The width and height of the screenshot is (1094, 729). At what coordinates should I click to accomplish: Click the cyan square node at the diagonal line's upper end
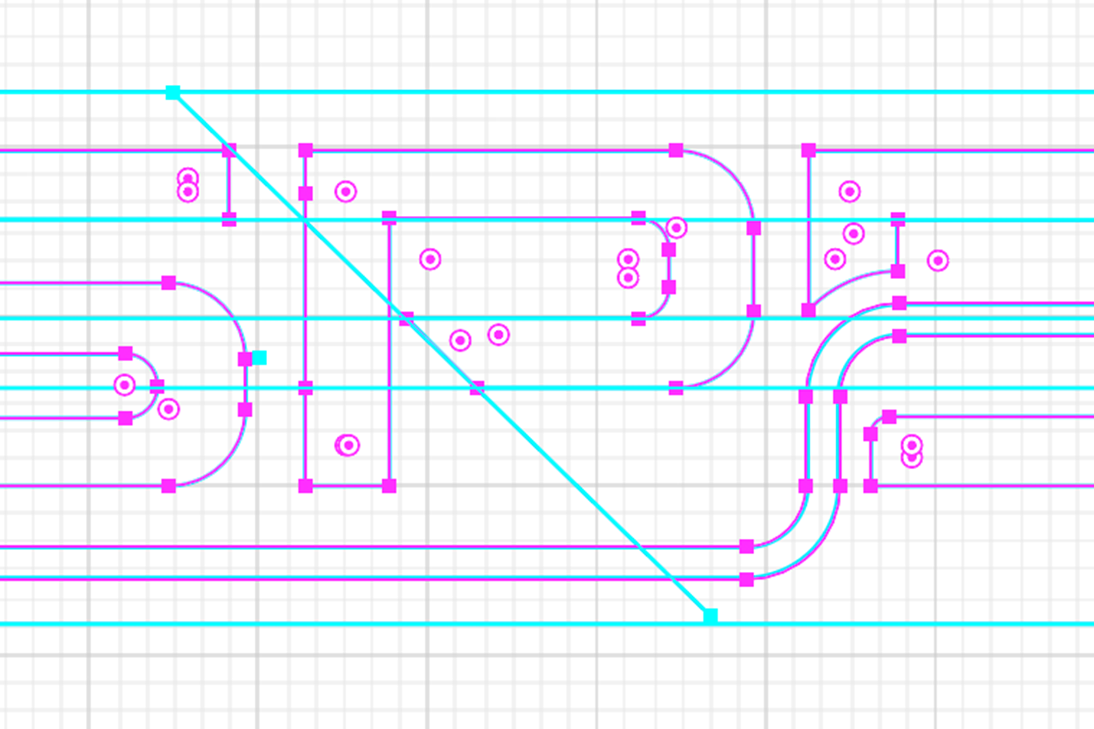(173, 92)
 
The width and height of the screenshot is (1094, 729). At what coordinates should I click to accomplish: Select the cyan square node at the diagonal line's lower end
(711, 616)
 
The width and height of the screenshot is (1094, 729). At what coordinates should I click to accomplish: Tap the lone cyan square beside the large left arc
(259, 358)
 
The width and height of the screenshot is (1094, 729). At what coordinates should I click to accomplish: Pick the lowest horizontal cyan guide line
(399, 624)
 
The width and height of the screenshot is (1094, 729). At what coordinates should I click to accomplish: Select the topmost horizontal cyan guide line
(570, 92)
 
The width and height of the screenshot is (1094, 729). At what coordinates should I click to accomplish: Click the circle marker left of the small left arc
(124, 385)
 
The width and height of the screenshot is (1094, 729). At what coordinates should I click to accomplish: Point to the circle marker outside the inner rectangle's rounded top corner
(676, 228)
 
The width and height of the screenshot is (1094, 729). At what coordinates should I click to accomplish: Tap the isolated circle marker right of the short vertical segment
(938, 261)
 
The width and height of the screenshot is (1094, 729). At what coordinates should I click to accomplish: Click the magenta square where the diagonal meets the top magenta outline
(229, 150)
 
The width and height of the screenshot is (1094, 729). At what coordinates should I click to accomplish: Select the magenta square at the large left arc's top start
(169, 283)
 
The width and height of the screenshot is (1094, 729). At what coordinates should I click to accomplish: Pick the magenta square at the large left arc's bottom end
(169, 486)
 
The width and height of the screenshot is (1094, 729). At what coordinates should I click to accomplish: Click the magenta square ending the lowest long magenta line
(746, 580)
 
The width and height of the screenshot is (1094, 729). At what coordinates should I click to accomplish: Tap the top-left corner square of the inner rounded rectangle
(389, 218)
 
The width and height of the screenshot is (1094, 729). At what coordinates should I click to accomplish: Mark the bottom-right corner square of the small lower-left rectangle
(389, 486)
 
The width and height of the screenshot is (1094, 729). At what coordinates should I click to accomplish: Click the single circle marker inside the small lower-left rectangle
(348, 445)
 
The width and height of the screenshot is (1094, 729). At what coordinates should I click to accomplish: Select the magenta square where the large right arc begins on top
(676, 150)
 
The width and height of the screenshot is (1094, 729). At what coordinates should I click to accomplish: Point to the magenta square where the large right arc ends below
(676, 388)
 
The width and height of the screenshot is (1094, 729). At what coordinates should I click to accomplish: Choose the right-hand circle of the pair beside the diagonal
(499, 335)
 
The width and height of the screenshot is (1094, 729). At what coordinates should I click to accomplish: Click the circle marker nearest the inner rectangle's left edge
(430, 260)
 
